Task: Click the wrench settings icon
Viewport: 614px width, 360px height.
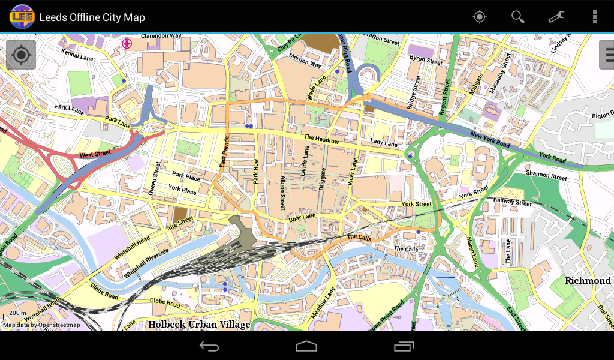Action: pos(556,17)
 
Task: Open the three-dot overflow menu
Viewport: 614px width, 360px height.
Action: pos(594,17)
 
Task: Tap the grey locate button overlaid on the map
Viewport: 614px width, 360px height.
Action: pos(21,55)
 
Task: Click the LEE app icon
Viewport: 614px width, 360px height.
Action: pos(22,17)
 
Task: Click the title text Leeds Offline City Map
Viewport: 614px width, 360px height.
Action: pos(92,17)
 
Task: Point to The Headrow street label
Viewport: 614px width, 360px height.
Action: pos(321,139)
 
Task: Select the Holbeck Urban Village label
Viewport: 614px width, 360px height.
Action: pos(199,325)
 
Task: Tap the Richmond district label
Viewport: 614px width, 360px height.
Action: pos(588,281)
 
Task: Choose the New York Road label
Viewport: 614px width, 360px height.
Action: pos(490,140)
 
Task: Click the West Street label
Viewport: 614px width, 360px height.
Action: pos(95,155)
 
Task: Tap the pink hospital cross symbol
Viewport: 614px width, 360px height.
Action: pos(127,43)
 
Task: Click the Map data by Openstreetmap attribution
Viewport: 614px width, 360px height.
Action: pos(41,325)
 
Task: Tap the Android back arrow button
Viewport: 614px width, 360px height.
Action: pos(209,346)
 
